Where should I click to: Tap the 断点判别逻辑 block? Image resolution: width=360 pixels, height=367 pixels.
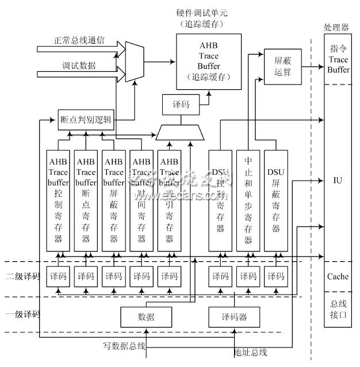[x=87, y=120]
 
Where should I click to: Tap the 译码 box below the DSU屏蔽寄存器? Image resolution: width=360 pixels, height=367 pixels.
[x=275, y=277]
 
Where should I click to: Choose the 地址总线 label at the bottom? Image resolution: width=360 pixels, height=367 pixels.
[x=251, y=351]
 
